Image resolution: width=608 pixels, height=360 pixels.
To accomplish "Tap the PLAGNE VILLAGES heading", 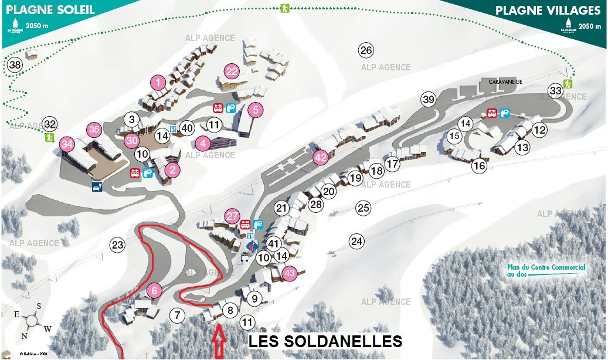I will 548,11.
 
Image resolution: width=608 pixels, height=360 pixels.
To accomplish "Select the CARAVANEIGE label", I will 505,82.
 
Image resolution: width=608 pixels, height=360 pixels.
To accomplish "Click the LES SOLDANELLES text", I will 325,341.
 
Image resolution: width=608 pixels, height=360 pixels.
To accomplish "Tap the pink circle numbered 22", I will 232,72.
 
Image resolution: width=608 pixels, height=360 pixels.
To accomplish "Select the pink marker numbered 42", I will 320,157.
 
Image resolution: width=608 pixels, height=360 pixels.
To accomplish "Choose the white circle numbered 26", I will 366,50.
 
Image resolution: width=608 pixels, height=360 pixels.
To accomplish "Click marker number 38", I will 15,64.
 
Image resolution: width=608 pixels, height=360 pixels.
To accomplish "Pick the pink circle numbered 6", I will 154,290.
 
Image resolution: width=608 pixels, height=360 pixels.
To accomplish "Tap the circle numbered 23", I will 118,244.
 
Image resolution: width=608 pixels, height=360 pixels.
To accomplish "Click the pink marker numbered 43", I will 289,273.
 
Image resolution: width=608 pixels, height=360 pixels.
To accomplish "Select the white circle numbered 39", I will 429,100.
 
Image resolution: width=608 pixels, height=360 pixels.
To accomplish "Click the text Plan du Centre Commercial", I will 546,267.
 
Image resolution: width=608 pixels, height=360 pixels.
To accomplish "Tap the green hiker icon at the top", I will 285,9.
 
